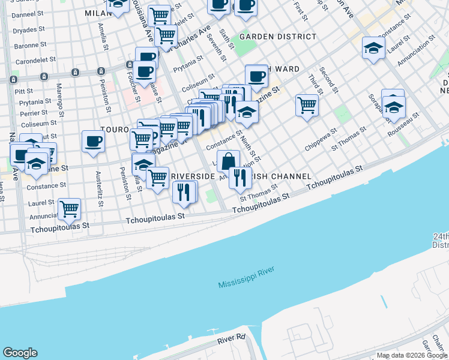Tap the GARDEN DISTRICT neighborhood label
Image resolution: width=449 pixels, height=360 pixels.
[x=277, y=37]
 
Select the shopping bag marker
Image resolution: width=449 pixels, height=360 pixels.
[x=228, y=161]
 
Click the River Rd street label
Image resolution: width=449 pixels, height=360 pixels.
[x=232, y=339]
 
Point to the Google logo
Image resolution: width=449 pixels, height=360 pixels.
[x=20, y=353]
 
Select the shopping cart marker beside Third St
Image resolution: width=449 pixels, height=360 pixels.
[x=307, y=106]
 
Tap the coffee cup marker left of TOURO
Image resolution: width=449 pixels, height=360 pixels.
[x=94, y=142]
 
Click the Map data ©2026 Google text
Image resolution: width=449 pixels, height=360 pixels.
[x=412, y=355]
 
